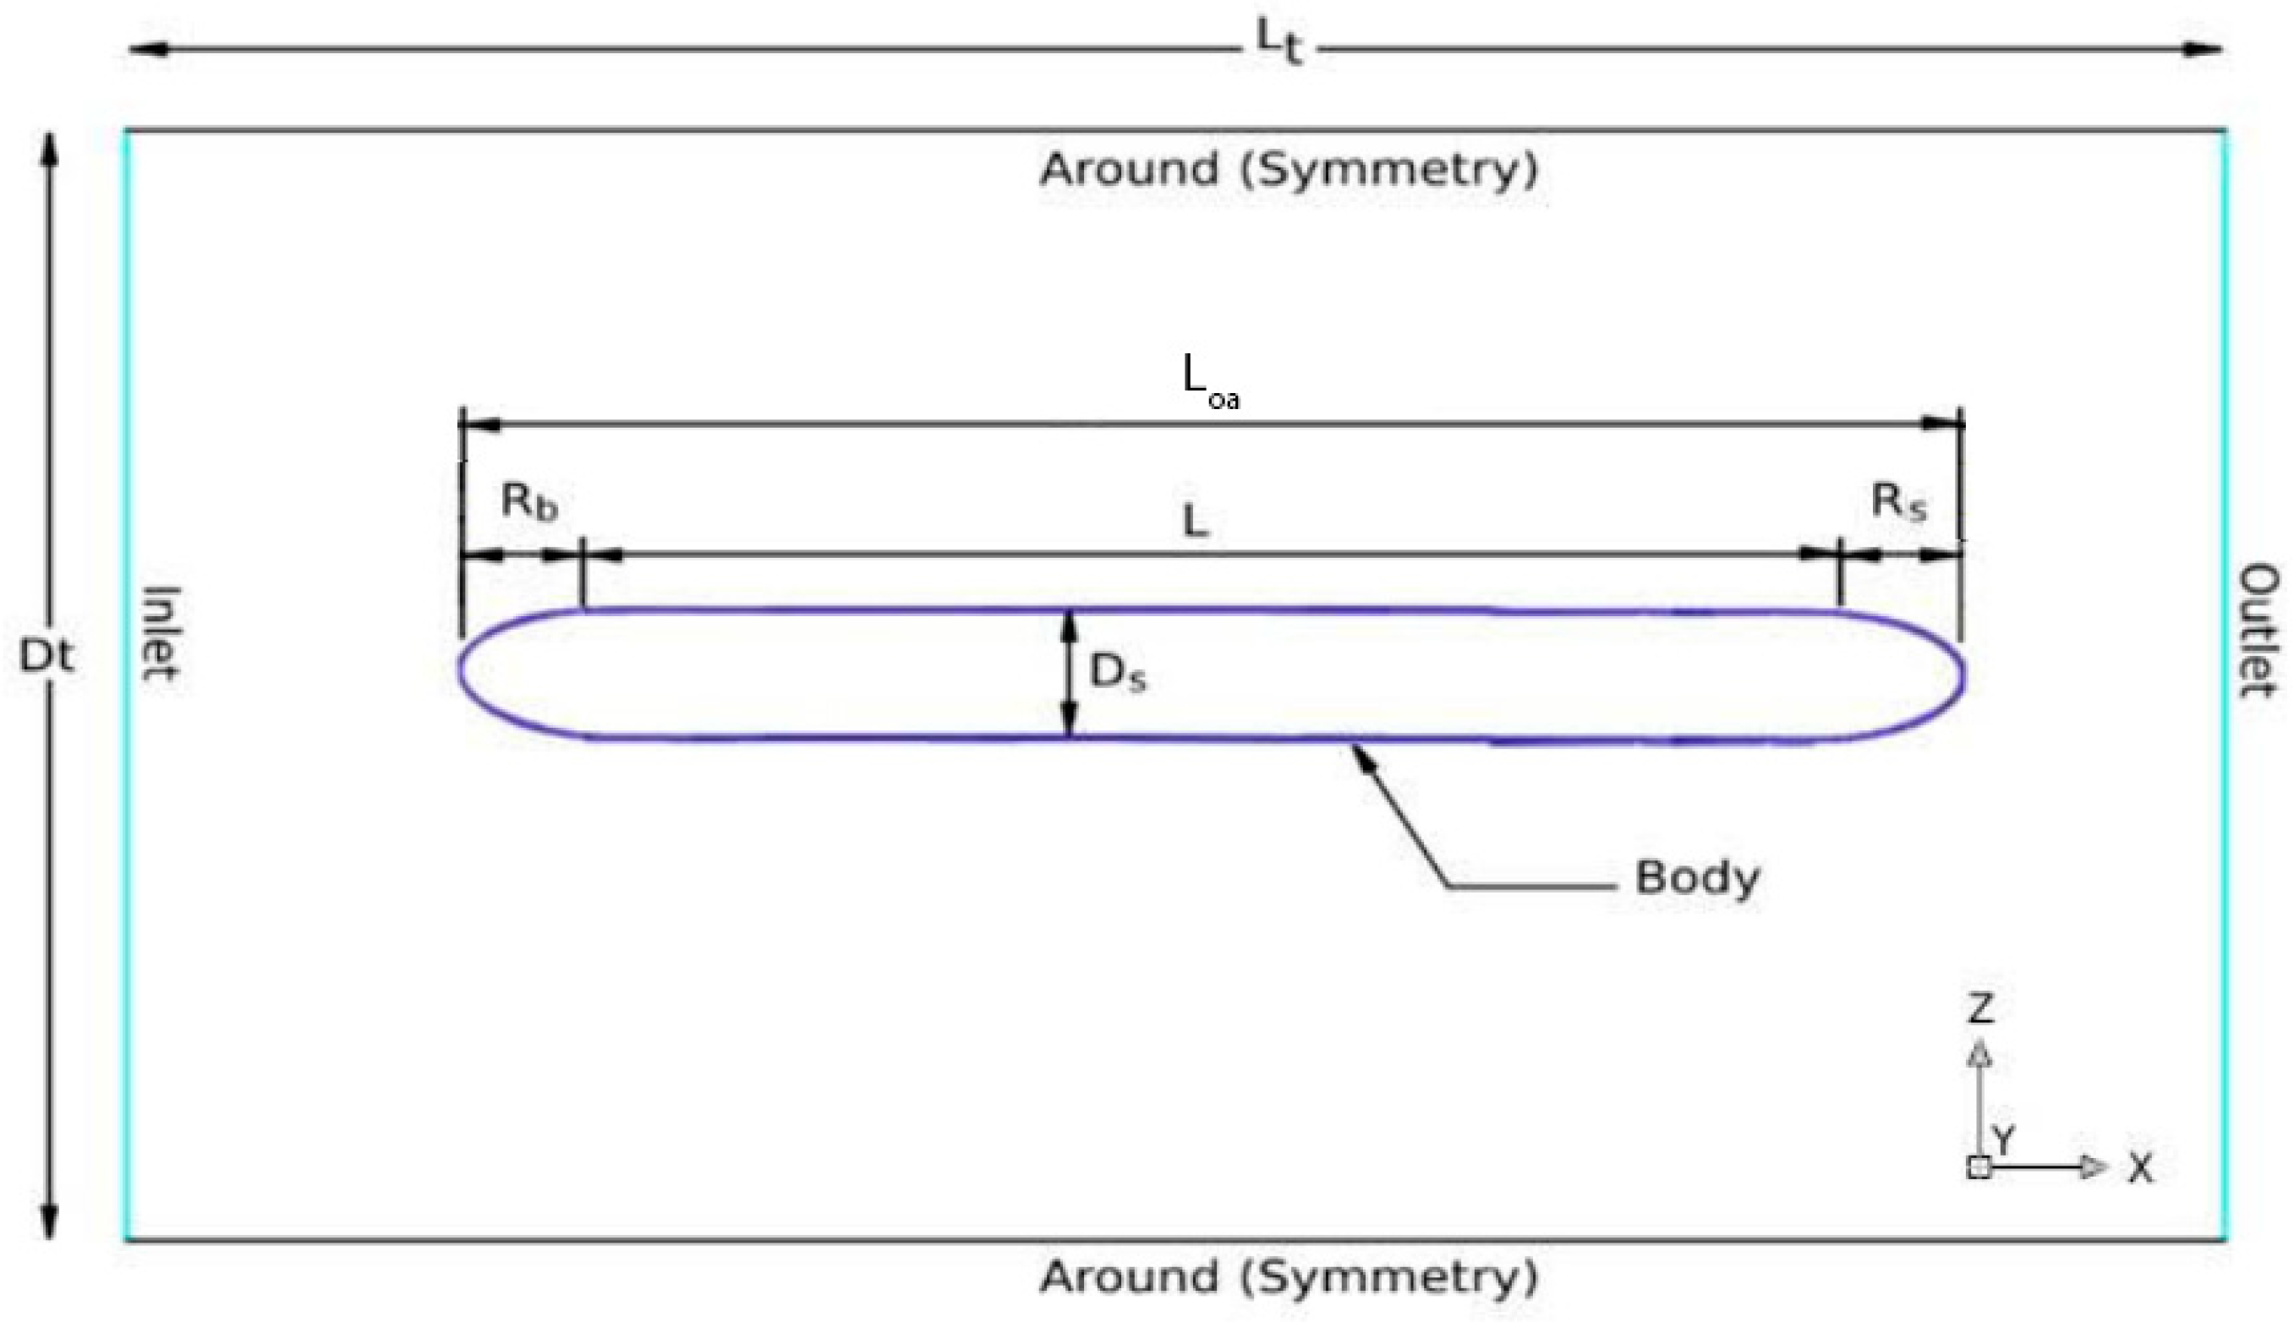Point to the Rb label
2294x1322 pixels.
coord(528,502)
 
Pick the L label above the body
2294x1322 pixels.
coord(1196,522)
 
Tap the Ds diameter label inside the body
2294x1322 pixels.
coord(1117,673)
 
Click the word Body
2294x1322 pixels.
coord(1696,878)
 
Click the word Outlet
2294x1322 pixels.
coord(2258,630)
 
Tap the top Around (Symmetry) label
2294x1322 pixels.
coord(1289,170)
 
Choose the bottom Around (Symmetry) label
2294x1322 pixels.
coord(1289,1277)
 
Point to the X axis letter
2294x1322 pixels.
coord(2140,1170)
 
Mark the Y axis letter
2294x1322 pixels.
coord(2003,1137)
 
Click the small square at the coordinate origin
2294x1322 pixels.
coord(1979,1167)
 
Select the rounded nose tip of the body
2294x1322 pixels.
coord(462,672)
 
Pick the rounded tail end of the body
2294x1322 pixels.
coord(1963,674)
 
